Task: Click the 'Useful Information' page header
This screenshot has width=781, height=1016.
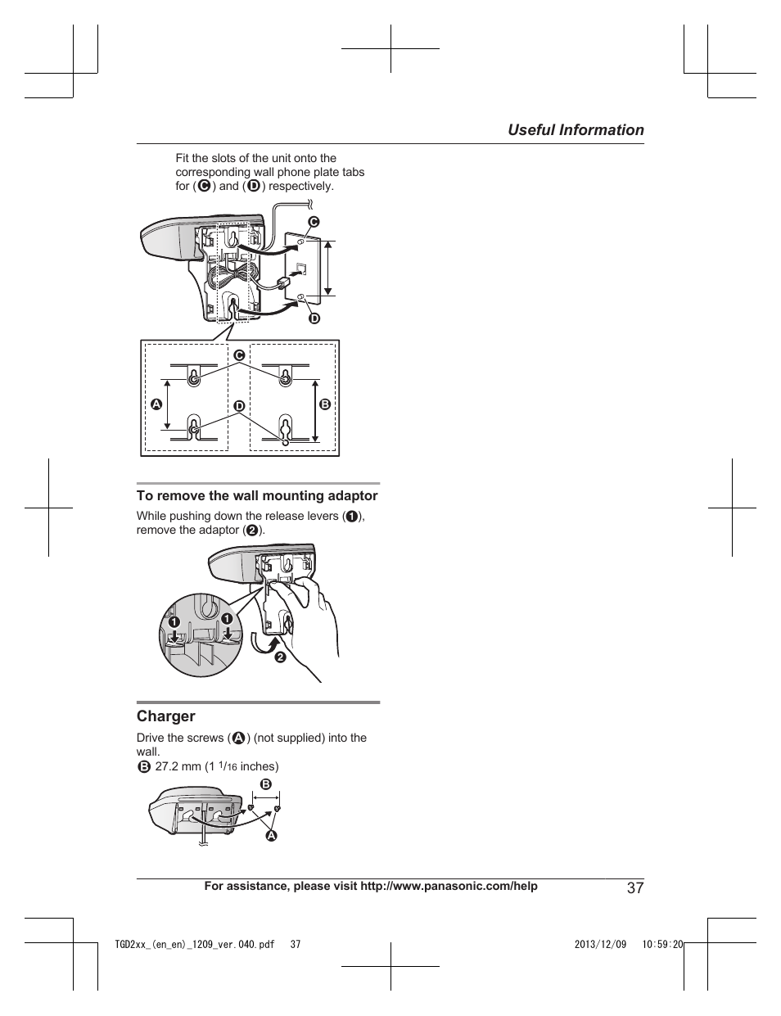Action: click(575, 130)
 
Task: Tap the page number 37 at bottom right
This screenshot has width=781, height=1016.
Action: click(635, 888)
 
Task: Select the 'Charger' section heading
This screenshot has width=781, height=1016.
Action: click(165, 716)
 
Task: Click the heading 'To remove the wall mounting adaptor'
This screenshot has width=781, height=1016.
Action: click(257, 495)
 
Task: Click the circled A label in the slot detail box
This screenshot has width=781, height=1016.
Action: click(156, 404)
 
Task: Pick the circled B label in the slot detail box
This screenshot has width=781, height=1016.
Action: click(324, 404)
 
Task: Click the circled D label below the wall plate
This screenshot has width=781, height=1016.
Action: click(313, 318)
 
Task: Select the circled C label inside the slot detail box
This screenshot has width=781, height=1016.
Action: click(240, 355)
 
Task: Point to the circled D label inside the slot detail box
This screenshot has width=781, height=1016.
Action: click(239, 406)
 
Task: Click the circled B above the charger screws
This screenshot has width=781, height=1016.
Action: click(265, 784)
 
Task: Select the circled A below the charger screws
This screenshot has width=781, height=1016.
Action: click(271, 836)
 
